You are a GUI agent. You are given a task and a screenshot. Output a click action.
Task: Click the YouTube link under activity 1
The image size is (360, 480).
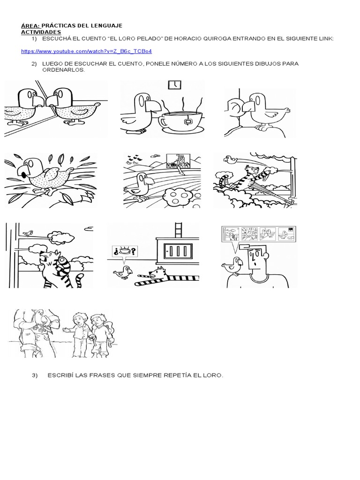click(x=87, y=51)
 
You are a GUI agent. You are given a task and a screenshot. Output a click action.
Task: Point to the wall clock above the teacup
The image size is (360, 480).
click(x=174, y=85)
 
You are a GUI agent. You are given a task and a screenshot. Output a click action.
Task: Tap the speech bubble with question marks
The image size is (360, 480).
click(x=124, y=252)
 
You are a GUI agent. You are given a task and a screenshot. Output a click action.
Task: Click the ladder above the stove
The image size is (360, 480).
click(x=178, y=231)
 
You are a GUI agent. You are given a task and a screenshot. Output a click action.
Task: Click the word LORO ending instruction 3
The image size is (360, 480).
click(x=215, y=376)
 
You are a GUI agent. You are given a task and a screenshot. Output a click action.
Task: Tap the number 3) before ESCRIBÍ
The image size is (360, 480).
click(x=35, y=376)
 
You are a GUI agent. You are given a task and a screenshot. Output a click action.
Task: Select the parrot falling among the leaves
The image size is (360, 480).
click(x=45, y=176)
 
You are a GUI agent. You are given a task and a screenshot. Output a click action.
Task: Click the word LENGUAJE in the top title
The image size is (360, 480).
click(x=107, y=26)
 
